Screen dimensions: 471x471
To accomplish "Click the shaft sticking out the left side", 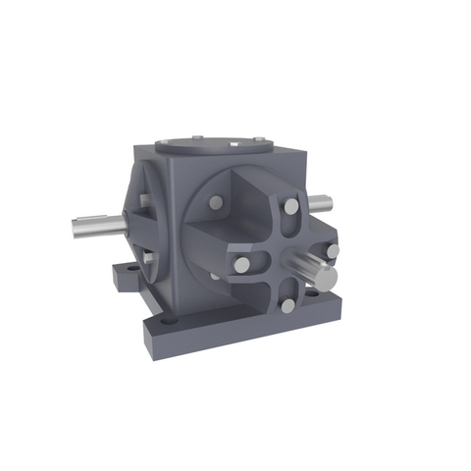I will coord(96,225).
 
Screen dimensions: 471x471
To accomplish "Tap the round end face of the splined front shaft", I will coord(326,276).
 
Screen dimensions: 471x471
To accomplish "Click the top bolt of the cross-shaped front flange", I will coord(291,207).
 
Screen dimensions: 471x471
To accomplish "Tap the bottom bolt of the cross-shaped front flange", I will coord(288,306).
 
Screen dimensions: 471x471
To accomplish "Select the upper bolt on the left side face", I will coord(144,200).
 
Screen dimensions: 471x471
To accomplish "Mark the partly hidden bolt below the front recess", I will coord(215,276).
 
